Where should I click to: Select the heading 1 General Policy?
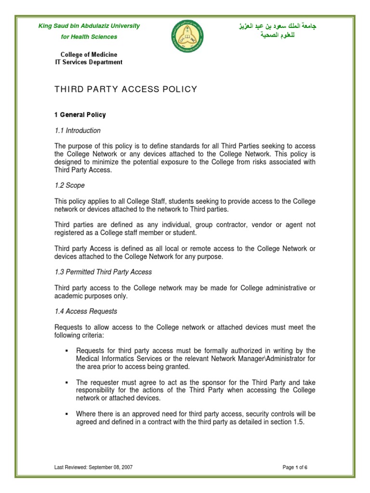pyautogui.click(x=79, y=115)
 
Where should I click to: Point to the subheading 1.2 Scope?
pyautogui.click(x=69, y=185)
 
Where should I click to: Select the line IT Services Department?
pyautogui.click(x=88, y=62)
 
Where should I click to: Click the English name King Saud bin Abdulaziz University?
pyautogui.click(x=89, y=26)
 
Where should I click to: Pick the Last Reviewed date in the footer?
pyautogui.click(x=93, y=467)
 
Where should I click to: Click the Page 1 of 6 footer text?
pyautogui.click(x=295, y=467)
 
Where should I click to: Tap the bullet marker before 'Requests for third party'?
pyautogui.click(x=66, y=351)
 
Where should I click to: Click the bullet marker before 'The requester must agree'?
pyautogui.click(x=66, y=382)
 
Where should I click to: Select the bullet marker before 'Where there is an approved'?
pyautogui.click(x=66, y=414)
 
